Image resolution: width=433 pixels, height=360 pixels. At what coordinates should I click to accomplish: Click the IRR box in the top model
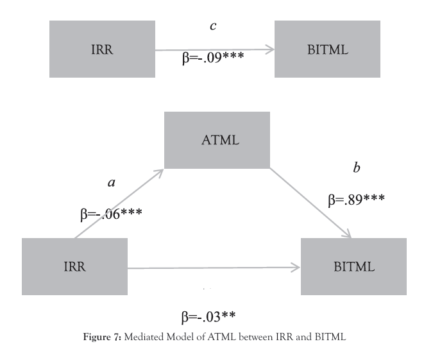[x=102, y=49]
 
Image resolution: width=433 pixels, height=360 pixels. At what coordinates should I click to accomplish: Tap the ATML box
[x=217, y=140]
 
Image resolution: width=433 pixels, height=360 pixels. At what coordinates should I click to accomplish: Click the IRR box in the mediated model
[x=74, y=266]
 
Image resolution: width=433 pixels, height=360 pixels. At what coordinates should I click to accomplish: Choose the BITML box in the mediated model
[x=353, y=266]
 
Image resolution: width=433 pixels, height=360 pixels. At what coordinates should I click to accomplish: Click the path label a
[x=111, y=183]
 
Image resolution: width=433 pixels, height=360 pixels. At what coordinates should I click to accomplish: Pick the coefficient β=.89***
[x=356, y=200]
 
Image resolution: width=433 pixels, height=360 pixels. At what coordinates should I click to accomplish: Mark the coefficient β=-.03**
[x=209, y=316]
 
